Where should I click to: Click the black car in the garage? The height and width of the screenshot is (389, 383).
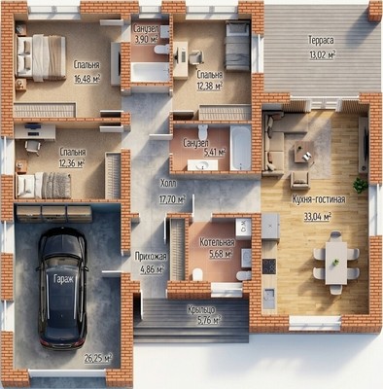62,288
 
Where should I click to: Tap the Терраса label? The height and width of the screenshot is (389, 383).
321,41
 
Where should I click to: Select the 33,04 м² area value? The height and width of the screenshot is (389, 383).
317,216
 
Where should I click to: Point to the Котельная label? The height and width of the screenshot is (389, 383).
217,242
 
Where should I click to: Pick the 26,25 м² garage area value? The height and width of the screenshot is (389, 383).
98,358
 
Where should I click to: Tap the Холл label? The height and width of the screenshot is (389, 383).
168,184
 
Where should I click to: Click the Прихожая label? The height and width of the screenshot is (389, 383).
151,257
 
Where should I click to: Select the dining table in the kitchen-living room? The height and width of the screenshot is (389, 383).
336,263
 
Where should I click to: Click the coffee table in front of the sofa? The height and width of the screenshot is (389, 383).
303,152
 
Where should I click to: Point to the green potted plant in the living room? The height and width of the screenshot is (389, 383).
360,185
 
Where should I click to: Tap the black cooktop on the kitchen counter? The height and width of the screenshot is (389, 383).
269,265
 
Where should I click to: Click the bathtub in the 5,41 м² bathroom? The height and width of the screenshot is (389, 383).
240,148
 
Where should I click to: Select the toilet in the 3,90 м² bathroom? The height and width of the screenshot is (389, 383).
161,50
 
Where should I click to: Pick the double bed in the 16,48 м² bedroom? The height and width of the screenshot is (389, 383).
41,58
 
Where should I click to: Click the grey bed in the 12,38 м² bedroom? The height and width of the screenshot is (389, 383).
237,46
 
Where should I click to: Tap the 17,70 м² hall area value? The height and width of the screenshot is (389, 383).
172,199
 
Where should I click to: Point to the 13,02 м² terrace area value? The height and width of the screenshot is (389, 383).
322,54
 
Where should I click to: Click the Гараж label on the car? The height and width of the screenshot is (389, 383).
63,278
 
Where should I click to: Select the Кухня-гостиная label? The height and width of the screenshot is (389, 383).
319,199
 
